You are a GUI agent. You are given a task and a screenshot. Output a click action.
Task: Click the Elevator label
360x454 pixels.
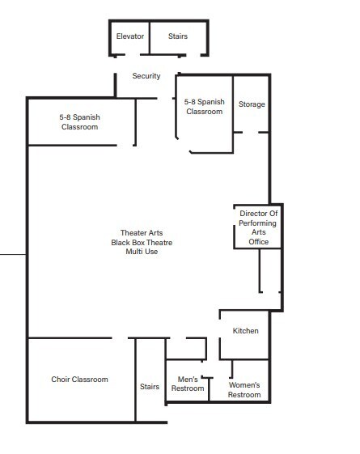tap(129, 36)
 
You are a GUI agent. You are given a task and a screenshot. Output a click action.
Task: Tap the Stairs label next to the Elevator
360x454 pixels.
tap(178, 36)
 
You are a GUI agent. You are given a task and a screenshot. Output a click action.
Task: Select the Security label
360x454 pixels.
tap(146, 76)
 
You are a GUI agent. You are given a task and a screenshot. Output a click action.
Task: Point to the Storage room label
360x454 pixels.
tap(252, 104)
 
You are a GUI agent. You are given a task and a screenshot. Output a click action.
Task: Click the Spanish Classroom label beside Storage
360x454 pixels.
tap(204, 107)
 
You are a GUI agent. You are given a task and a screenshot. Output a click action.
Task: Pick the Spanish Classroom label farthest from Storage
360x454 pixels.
tap(79, 122)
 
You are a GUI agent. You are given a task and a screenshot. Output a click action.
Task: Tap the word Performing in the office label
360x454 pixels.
tap(259, 223)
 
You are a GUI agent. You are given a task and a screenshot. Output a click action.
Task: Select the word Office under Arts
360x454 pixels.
tap(259, 241)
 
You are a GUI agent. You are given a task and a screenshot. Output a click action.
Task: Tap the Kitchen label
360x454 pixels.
tap(245, 331)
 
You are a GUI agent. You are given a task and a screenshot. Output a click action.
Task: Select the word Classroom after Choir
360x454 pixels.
tap(90, 380)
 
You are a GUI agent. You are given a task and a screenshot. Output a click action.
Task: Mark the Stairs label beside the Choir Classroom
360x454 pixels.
tap(150, 387)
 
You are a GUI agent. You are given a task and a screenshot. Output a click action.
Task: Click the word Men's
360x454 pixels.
tap(188, 379)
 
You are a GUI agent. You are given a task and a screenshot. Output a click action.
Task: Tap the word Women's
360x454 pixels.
tap(244, 384)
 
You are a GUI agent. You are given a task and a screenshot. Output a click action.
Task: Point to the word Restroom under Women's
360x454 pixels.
tap(244, 395)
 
